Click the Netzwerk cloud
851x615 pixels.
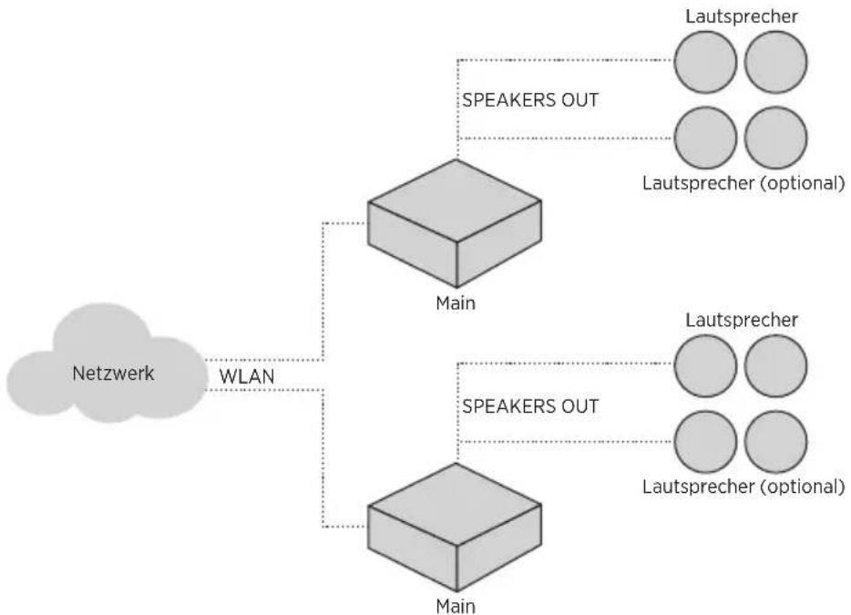107,363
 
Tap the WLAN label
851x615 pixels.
247,376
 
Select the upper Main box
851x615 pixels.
455,223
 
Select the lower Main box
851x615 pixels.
455,527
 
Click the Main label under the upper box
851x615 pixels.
456,302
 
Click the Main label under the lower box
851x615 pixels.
456,606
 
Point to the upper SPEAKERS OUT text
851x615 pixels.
530,100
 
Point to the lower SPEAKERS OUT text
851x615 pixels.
530,406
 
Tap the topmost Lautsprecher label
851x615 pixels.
742,16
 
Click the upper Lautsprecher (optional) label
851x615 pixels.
743,183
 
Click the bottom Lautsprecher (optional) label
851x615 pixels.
743,487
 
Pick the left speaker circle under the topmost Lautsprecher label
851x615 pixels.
705,62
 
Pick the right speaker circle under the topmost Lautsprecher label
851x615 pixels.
776,62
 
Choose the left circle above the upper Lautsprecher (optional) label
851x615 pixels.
705,138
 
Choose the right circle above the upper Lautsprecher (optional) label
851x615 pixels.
776,138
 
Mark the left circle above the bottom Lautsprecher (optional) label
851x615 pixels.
705,442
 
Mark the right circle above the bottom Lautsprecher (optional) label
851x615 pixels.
776,442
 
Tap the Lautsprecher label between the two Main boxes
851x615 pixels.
742,321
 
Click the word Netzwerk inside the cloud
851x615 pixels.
113,374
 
